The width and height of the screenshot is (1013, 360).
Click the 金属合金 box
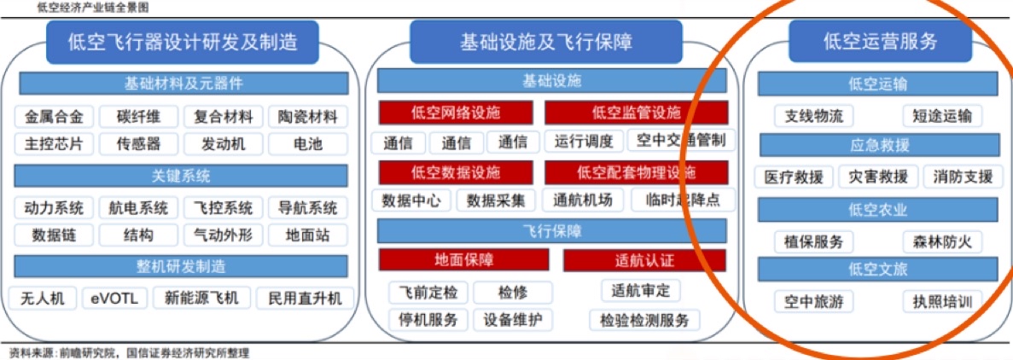click(55, 116)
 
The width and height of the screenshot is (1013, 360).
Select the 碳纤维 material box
click(138, 116)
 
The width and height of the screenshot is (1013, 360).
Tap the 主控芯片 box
click(55, 142)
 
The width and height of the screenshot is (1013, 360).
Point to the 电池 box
click(307, 142)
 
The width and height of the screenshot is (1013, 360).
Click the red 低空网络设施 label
click(456, 113)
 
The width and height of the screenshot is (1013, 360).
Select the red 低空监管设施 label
click(637, 113)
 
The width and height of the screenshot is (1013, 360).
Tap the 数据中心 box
click(412, 200)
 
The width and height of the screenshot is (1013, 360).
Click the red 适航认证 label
click(645, 260)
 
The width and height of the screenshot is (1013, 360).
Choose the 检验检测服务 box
click(645, 319)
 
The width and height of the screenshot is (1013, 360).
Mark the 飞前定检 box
click(429, 292)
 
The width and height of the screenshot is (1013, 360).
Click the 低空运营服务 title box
click(881, 43)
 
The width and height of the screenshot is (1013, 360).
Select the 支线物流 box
click(814, 116)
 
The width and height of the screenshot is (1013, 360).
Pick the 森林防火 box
click(942, 241)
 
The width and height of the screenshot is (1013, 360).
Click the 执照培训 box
click(942, 301)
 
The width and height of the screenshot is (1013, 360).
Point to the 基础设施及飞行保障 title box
click(545, 43)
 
